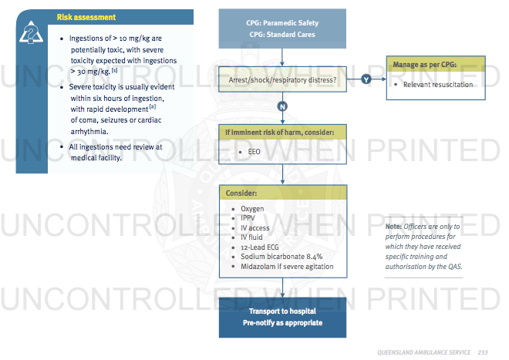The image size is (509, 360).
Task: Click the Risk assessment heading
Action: click(x=86, y=16)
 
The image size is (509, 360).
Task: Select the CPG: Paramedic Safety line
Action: click(x=282, y=23)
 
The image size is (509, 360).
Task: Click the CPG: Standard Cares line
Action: click(x=282, y=35)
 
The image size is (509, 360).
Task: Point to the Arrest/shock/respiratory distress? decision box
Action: click(x=282, y=79)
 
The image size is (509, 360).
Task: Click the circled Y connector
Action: click(x=366, y=79)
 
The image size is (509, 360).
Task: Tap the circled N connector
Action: click(x=283, y=106)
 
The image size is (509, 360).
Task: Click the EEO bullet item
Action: click(x=251, y=152)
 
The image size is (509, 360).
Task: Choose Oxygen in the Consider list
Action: click(x=252, y=209)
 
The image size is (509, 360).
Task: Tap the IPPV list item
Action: click(x=248, y=218)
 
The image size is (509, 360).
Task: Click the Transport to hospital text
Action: click(x=282, y=311)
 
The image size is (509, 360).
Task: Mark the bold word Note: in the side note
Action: click(x=394, y=227)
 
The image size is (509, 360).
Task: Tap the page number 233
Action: click(x=483, y=352)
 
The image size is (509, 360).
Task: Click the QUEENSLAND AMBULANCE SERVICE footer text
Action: click(x=424, y=352)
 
